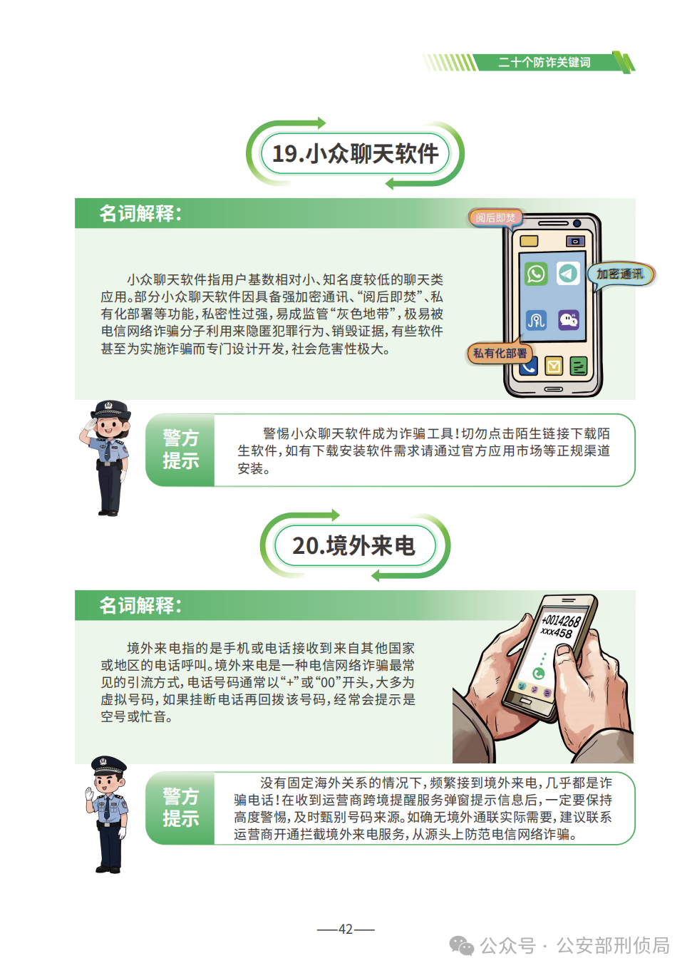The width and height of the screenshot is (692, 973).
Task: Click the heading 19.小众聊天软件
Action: (x=355, y=153)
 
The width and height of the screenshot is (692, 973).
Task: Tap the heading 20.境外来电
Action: (x=353, y=546)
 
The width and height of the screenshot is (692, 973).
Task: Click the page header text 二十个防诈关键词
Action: (x=544, y=63)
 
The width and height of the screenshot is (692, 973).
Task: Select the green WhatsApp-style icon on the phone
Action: (x=536, y=274)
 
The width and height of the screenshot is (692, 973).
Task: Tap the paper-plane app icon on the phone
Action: (x=568, y=274)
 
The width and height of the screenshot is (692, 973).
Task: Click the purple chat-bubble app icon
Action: (x=569, y=319)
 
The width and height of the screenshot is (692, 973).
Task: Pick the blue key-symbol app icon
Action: (x=536, y=320)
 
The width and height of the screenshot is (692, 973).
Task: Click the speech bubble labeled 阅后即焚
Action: (x=495, y=217)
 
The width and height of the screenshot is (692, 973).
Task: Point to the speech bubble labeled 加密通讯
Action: (x=620, y=274)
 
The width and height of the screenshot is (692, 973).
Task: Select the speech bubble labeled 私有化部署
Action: (x=500, y=353)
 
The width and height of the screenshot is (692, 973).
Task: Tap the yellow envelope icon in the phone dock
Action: (x=554, y=366)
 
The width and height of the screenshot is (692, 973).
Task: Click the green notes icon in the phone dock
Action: (x=578, y=366)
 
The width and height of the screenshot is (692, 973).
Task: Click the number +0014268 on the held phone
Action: (x=562, y=621)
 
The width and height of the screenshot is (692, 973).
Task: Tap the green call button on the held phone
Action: (x=539, y=674)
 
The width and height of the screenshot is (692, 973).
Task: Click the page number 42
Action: (x=346, y=929)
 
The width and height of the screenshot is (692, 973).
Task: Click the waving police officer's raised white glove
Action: (x=90, y=793)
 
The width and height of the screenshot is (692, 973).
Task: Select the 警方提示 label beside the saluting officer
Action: (x=180, y=450)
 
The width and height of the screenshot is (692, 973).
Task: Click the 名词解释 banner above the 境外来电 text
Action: (x=140, y=605)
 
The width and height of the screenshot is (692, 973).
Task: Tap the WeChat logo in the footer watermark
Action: (x=462, y=946)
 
